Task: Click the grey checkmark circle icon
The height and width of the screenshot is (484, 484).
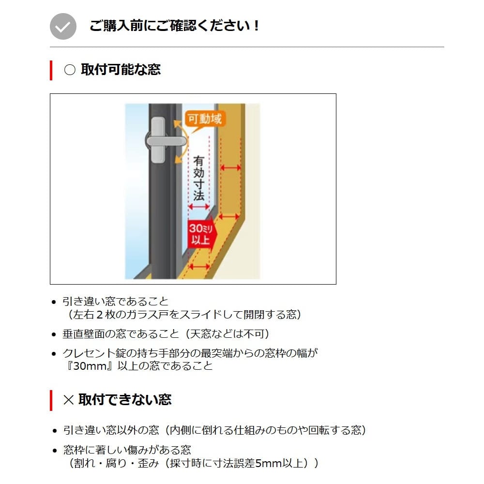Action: (63, 26)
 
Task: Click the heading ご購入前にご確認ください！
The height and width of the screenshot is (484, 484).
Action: (174, 26)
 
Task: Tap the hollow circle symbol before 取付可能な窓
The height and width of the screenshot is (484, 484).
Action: (70, 70)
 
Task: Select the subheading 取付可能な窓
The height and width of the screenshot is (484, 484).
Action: (121, 69)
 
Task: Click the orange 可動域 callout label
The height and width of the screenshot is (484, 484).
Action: (205, 119)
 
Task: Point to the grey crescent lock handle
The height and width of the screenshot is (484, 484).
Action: (165, 141)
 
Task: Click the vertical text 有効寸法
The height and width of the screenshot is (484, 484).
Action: (199, 178)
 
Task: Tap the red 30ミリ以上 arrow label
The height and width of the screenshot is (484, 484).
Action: (202, 234)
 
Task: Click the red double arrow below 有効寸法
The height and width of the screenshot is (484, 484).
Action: (199, 207)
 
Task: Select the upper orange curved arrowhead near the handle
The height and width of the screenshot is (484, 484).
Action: (178, 124)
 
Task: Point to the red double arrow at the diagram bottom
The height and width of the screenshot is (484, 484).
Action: (199, 266)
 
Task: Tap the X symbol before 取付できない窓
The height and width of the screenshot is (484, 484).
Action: (68, 400)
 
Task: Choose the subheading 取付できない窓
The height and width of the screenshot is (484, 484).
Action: (125, 400)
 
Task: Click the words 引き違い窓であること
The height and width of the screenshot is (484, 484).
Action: (116, 301)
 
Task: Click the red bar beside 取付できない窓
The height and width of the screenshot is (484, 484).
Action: (51, 400)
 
